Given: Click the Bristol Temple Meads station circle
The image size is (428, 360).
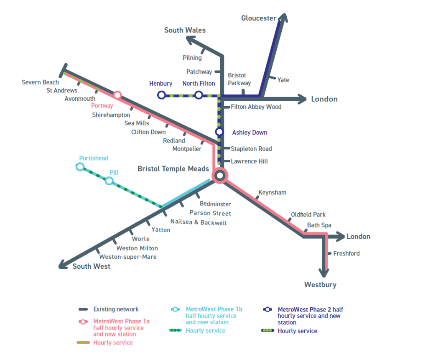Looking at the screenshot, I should point(219,175).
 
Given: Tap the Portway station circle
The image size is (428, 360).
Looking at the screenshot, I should point(117,95).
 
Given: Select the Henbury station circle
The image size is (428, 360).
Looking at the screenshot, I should point(161,95).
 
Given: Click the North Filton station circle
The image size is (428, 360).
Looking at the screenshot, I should point(199,95).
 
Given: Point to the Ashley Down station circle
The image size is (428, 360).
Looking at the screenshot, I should point(219,132).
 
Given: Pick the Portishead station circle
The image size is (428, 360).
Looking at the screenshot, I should point(80,167).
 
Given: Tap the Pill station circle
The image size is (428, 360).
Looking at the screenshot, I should point(109,181).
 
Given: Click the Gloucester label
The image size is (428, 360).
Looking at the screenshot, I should point(259,18).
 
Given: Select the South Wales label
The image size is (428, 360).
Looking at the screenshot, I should point(185,30).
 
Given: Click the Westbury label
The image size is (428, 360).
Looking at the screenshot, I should point(320,285).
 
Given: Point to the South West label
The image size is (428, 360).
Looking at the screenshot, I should point(92,266).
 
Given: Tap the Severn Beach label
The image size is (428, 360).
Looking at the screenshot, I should point(40,82).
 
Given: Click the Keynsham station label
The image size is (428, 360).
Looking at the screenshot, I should point(272,192).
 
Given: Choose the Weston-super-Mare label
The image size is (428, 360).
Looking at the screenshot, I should point(127,257).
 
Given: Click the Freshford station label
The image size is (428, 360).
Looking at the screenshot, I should point(346,253).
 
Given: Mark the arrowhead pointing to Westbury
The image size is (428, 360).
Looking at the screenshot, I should point(324,273).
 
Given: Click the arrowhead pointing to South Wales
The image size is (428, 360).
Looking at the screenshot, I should point(190,40).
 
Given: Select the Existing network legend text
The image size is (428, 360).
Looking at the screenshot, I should point(116,309).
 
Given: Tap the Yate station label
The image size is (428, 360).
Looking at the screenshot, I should point(283,80).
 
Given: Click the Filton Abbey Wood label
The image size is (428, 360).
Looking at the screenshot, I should point(256,107).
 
